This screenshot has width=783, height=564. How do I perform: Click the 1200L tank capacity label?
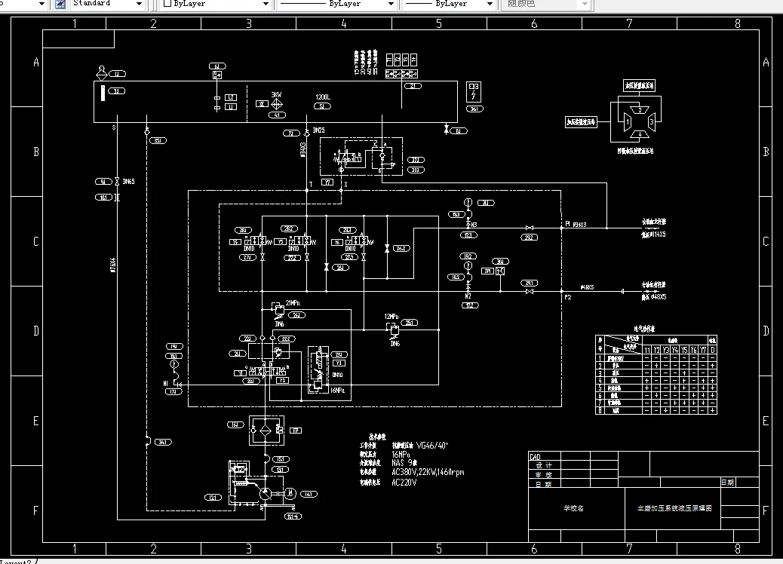tap(323, 97)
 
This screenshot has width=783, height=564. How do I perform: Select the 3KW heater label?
tap(276, 96)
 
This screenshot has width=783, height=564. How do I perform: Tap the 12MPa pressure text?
tap(390, 316)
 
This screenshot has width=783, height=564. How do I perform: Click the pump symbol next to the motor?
tap(266, 493)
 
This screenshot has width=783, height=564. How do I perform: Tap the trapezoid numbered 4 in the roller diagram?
tap(640, 134)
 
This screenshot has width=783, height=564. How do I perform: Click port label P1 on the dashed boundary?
tap(568, 224)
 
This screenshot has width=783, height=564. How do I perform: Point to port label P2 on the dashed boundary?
tap(568, 298)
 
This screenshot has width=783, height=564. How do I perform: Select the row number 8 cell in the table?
tap(600, 411)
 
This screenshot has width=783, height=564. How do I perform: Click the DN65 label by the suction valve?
tap(129, 182)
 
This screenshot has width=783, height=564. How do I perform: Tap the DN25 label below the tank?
tap(319, 130)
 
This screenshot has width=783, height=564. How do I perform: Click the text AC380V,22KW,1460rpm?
tap(428, 473)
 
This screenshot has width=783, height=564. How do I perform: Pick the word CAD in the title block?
tap(536, 457)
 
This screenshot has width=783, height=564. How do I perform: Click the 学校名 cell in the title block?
tap(573, 508)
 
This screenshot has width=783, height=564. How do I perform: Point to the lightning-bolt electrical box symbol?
tap(474, 94)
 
